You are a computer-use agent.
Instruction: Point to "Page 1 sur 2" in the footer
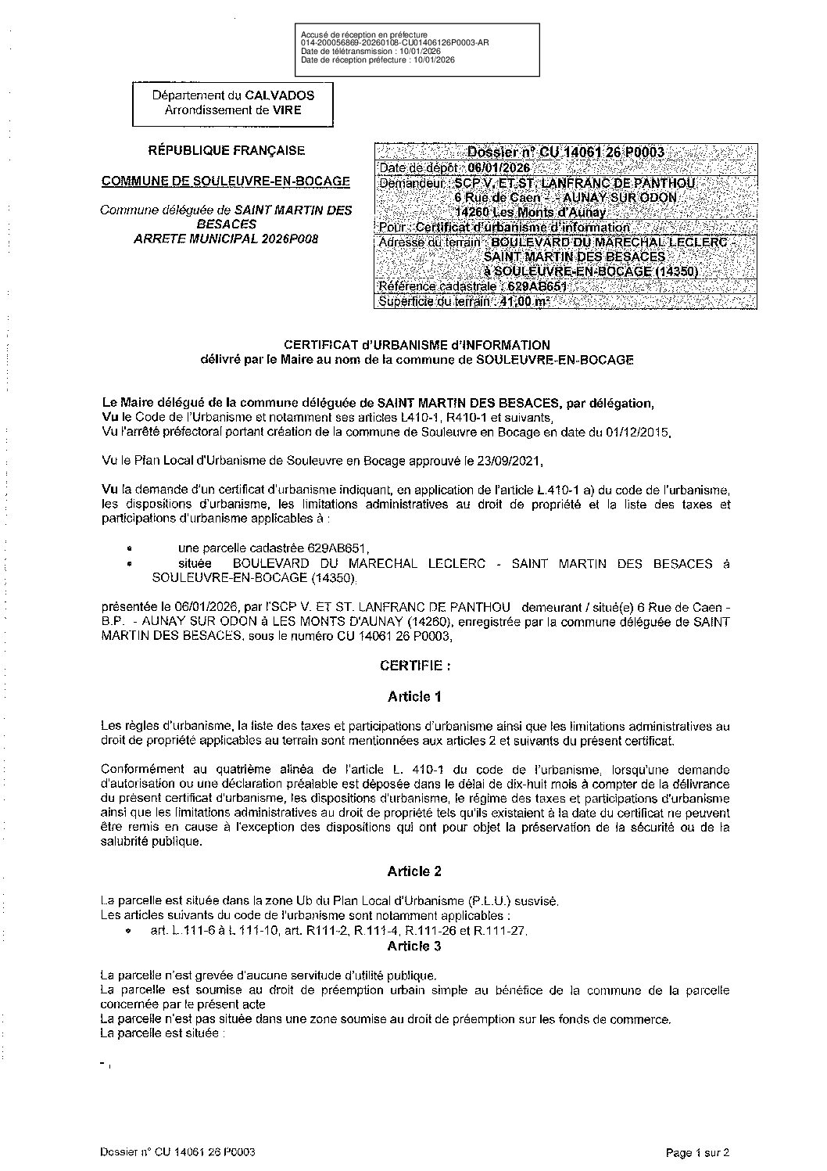(x=697, y=1152)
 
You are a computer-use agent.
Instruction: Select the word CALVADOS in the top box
(x=280, y=95)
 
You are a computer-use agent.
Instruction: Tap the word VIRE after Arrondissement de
(x=286, y=110)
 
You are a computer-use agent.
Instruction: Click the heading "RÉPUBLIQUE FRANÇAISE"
(x=227, y=151)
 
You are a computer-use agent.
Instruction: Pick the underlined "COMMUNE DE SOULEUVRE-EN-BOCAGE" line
(x=226, y=181)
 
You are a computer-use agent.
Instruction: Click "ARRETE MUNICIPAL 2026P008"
(x=227, y=238)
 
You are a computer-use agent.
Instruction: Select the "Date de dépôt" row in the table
(x=453, y=167)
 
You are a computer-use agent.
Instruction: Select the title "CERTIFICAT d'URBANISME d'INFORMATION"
(x=417, y=345)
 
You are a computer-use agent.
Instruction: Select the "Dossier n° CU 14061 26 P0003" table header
(x=566, y=152)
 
